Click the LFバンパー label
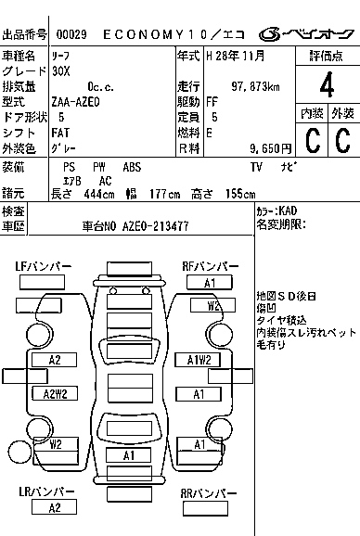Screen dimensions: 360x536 (x=44, y=267)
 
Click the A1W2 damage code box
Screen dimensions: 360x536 (x=199, y=360)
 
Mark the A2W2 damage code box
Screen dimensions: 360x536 (x=55, y=393)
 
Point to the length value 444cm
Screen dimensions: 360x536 (x=97, y=193)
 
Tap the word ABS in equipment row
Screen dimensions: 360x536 (x=133, y=166)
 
